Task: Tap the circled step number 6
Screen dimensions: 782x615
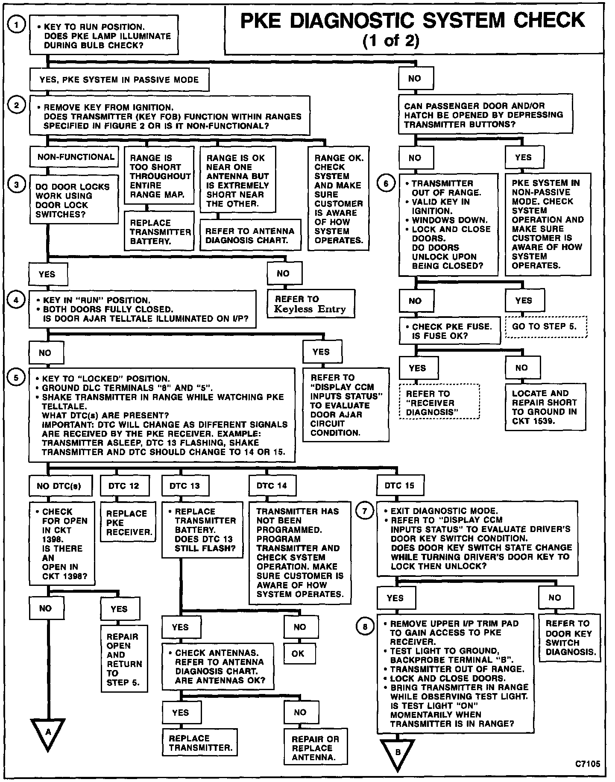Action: (x=386, y=183)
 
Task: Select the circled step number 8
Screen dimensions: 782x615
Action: (x=364, y=627)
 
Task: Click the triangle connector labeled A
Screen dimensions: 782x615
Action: (x=48, y=732)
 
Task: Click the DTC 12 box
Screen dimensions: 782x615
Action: (x=123, y=486)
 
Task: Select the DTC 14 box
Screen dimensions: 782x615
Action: (x=272, y=485)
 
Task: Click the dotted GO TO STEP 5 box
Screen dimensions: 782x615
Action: (x=546, y=326)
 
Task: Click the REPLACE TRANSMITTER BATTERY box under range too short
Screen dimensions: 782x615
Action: (x=160, y=232)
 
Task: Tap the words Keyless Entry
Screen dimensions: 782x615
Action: (x=310, y=309)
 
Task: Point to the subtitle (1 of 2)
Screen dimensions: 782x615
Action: (x=391, y=41)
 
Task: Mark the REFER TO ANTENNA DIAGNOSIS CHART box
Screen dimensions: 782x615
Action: (x=250, y=235)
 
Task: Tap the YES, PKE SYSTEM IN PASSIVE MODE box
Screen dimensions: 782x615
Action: (x=119, y=80)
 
